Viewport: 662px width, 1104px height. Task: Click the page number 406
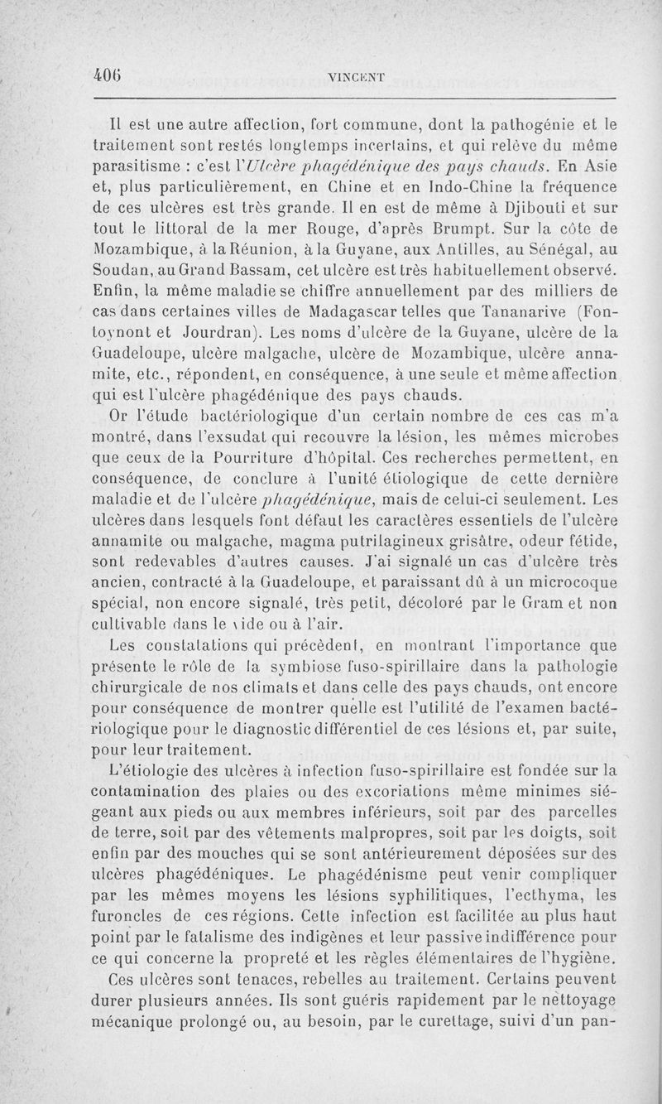click(108, 75)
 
